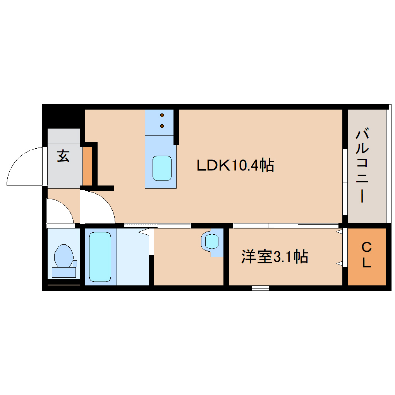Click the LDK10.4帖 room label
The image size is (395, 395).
(x=235, y=166)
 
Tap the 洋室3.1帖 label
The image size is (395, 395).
(x=275, y=257)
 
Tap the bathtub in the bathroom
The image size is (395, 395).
(x=100, y=256)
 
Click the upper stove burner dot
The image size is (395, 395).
(x=162, y=115)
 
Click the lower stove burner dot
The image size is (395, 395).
(x=162, y=125)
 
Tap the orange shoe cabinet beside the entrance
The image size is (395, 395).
(x=87, y=166)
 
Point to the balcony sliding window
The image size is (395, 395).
(x=344, y=182)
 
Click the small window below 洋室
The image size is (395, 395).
(x=260, y=288)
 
